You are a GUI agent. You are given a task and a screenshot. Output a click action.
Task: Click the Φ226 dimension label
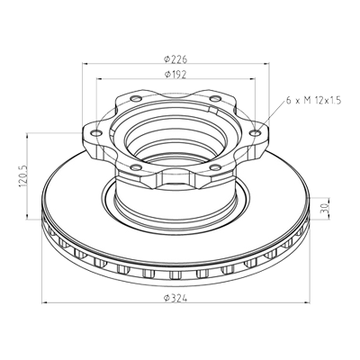(x=175, y=59)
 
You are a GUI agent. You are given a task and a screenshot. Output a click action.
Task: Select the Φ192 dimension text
(x=175, y=75)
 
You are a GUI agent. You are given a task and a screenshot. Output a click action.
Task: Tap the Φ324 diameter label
(x=175, y=298)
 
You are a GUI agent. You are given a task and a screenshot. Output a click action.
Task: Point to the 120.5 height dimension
(x=23, y=176)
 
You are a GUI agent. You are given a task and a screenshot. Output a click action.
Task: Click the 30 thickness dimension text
(x=325, y=209)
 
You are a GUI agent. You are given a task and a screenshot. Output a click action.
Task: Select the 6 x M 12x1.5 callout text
(x=314, y=101)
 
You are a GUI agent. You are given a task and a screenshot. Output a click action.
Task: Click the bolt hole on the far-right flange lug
(x=256, y=133)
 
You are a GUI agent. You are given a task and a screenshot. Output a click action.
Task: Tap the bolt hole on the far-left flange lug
(x=96, y=133)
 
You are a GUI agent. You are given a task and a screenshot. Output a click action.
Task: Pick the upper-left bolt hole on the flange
(x=136, y=98)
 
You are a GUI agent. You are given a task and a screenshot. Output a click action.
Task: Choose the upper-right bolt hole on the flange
(x=215, y=98)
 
